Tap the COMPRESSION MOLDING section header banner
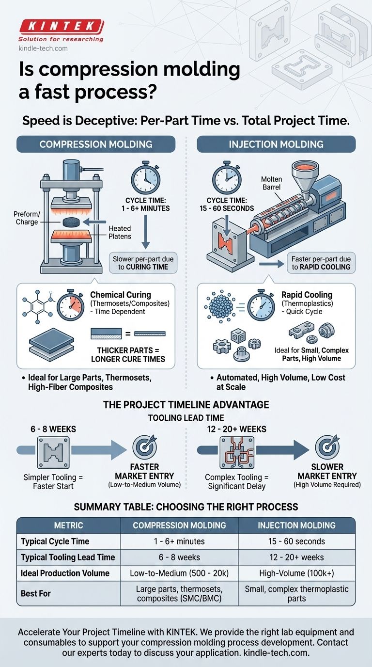pos(95,144)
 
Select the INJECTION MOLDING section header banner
pos(276,144)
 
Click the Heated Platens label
pos(120,232)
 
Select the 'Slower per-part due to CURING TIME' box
pos(144,263)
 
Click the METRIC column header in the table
pos(69,525)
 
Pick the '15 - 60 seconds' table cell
pos(296,541)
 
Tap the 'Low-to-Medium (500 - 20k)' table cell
pos(179,573)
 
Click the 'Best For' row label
pos(36,593)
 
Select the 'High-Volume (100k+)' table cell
pos(296,573)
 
